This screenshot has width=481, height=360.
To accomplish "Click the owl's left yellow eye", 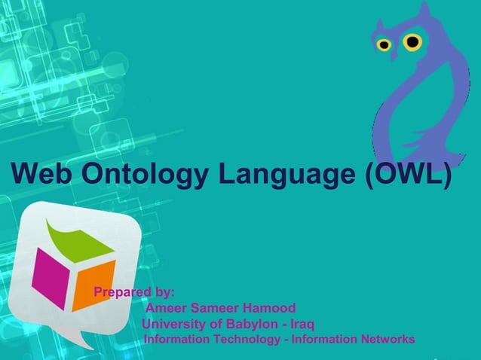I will pyautogui.click(x=384, y=45).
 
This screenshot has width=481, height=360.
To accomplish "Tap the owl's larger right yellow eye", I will pyautogui.click(x=412, y=41).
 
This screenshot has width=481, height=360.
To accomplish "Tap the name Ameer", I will pyautogui.click(x=165, y=308).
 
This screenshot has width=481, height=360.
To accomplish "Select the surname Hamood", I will pyautogui.click(x=268, y=308).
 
